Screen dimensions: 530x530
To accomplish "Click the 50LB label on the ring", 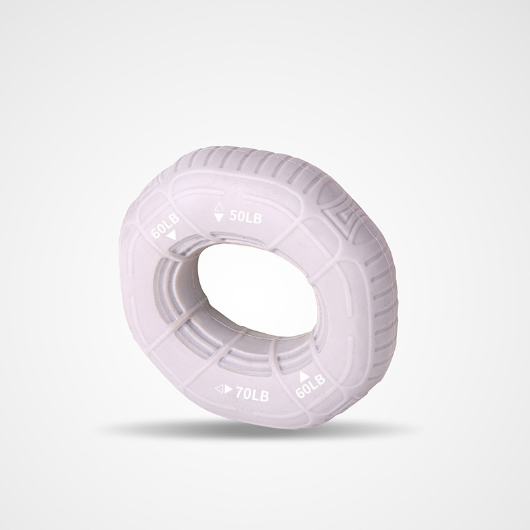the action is click(245, 217).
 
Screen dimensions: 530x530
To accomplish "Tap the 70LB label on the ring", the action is click(252, 394).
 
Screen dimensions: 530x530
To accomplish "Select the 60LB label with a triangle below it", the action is click(164, 226).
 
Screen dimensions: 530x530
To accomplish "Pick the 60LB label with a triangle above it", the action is click(310, 386).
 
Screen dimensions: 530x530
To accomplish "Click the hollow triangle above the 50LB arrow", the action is click(219, 207).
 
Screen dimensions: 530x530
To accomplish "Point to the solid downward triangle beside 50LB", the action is click(219, 217).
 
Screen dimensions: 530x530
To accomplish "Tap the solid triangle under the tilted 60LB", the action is click(172, 235).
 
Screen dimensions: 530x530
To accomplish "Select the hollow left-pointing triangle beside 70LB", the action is click(219, 390).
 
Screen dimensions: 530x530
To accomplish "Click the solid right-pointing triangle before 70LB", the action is click(229, 390).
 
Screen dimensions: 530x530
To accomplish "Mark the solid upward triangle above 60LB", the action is click(304, 376).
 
